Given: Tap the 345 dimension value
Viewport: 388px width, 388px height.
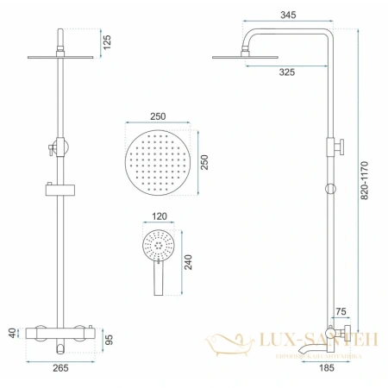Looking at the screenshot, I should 287,15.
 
